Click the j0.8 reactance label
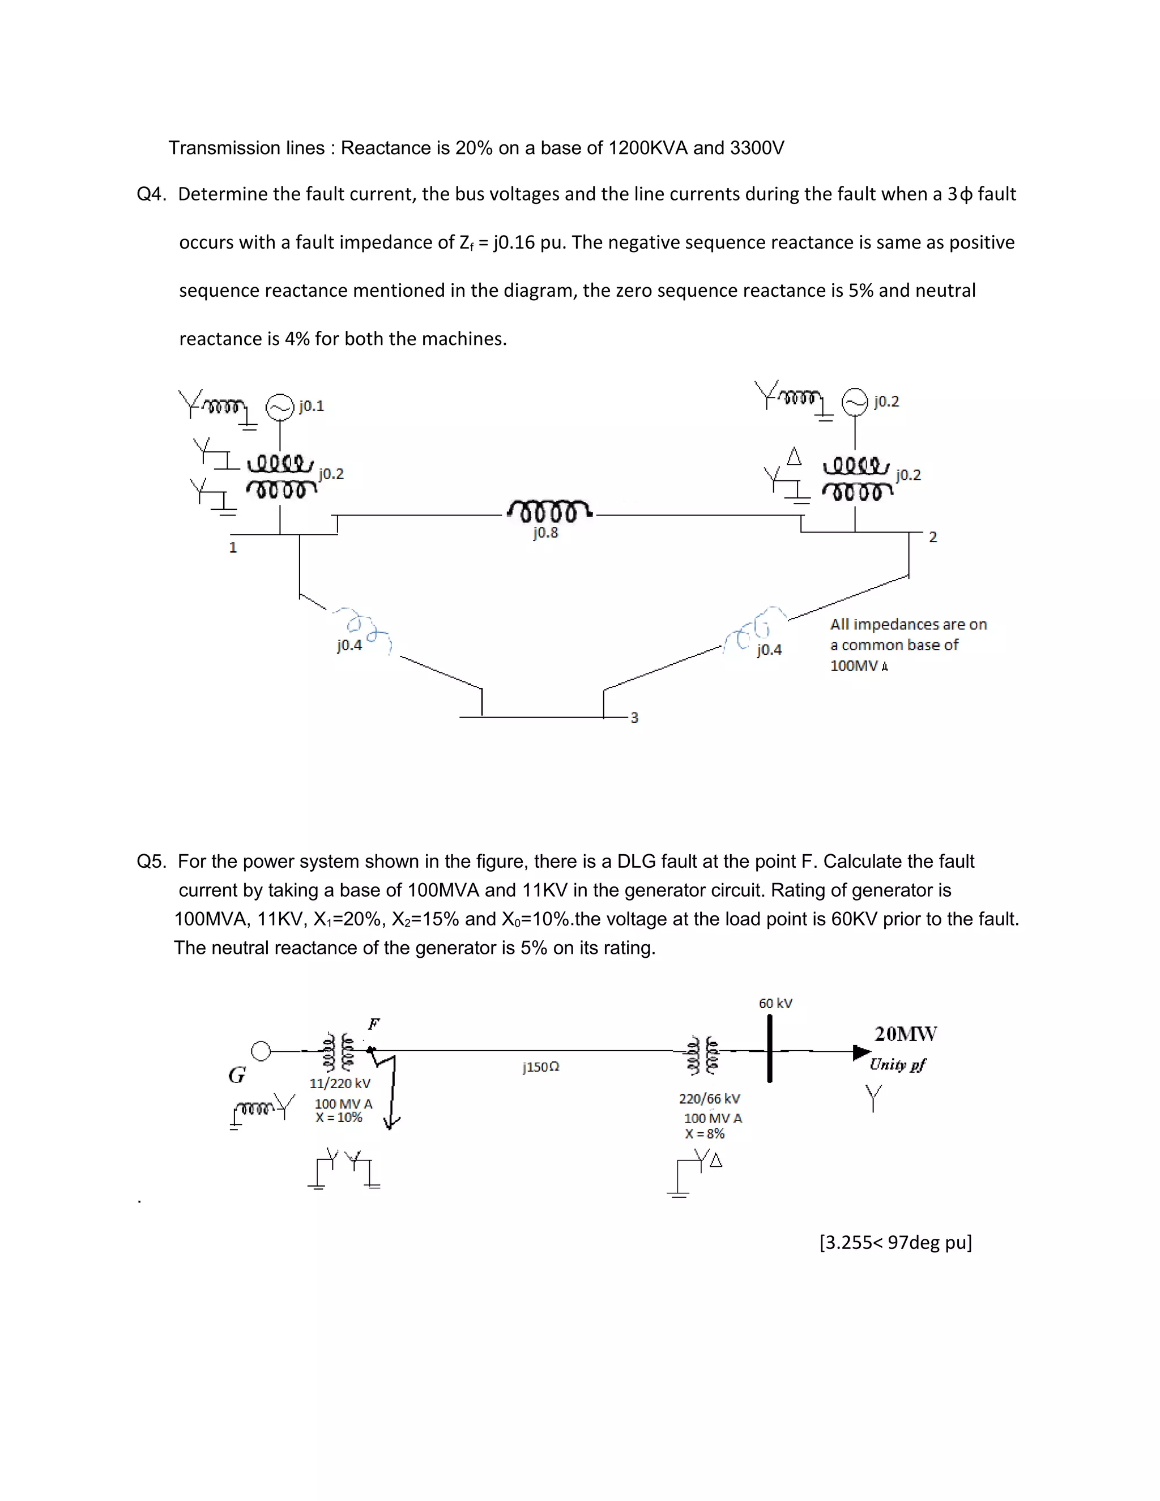point(545,532)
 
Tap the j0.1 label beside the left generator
point(312,406)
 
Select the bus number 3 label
point(634,718)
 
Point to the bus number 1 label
point(233,548)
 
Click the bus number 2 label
point(932,537)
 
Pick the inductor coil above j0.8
point(548,511)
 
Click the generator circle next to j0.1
point(280,407)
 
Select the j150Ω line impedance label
point(541,1067)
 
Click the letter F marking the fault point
point(374,1024)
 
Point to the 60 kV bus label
point(775,1004)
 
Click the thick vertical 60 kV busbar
point(770,1050)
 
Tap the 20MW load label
point(905,1034)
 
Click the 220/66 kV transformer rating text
point(709,1099)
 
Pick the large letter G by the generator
point(237,1075)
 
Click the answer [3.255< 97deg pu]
point(895,1243)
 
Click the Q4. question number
point(151,194)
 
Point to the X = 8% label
point(705,1134)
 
